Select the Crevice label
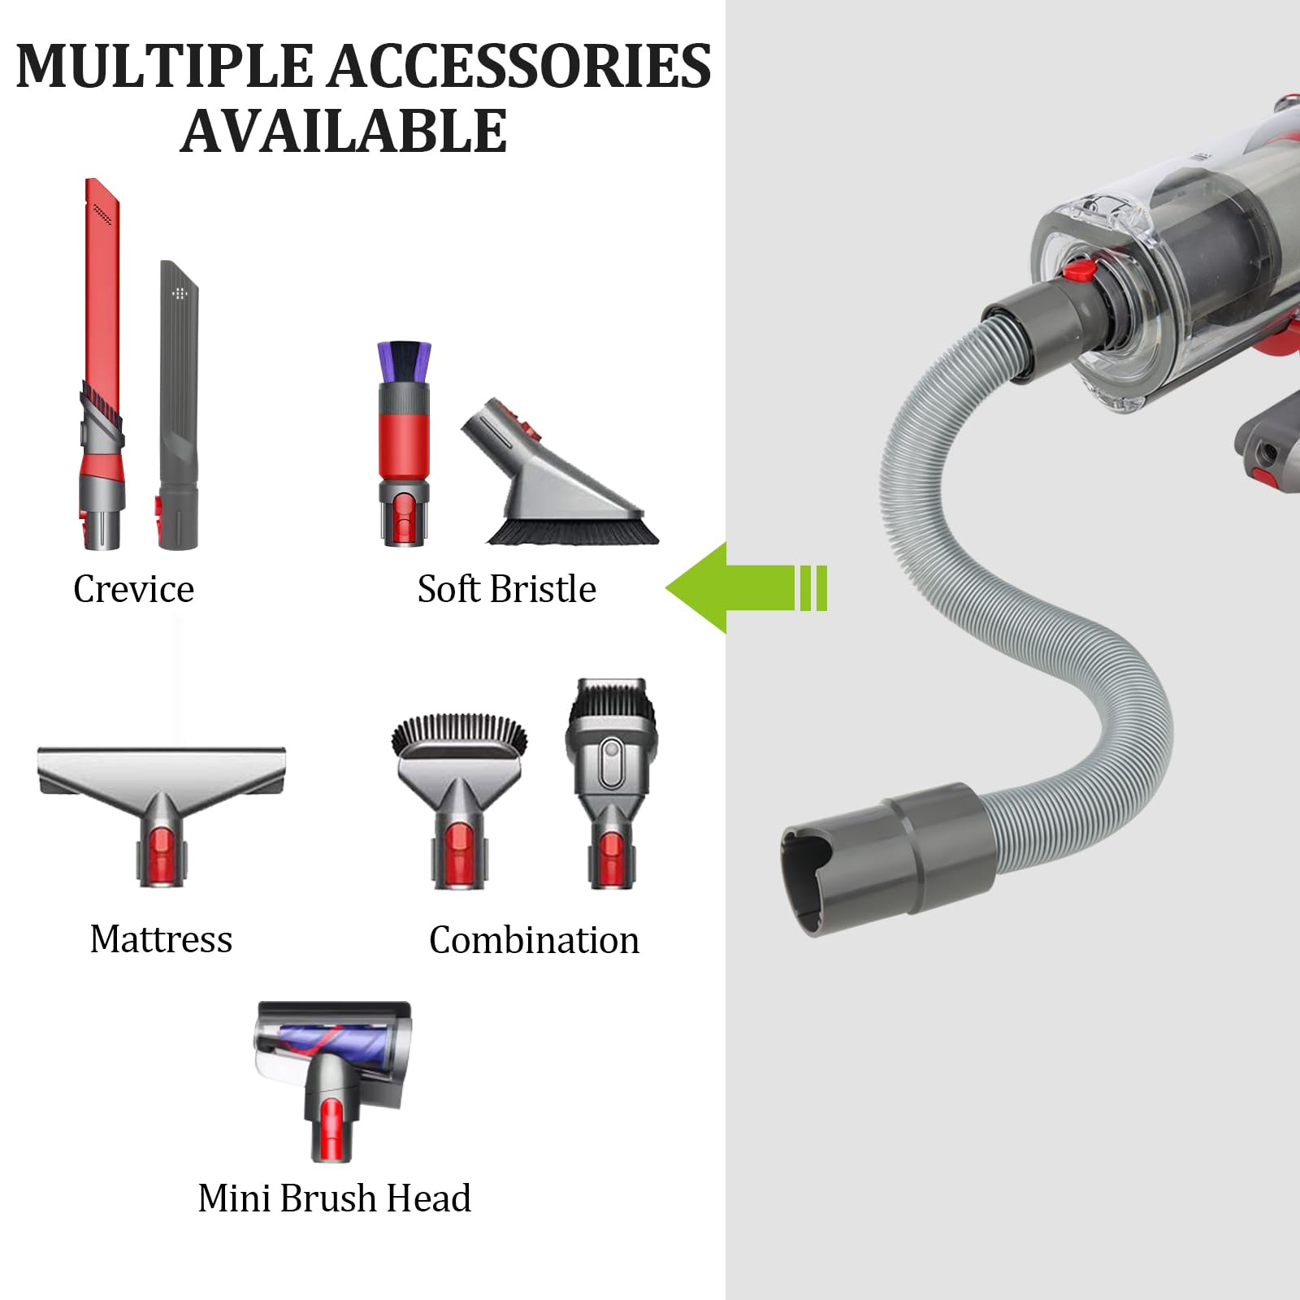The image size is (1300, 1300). [x=133, y=589]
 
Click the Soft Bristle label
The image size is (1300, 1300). [x=506, y=589]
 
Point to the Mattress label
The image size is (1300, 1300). [x=161, y=939]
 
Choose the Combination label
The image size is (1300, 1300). [x=534, y=940]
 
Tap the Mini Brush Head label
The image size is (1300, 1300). [x=334, y=1198]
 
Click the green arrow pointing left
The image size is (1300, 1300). [x=746, y=587]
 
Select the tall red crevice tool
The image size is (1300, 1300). [x=102, y=363]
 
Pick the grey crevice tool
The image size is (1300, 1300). [x=178, y=405]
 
